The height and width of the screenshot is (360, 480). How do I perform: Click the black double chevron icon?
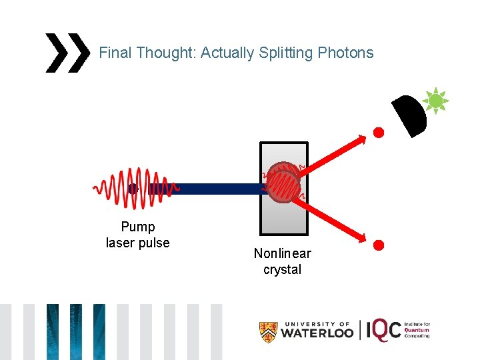point(67,53)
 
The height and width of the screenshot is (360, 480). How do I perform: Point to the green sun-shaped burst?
point(435,101)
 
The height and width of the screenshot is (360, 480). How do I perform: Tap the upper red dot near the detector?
point(378,132)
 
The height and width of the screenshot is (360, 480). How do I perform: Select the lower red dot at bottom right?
point(378,245)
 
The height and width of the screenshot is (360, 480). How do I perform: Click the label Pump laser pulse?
point(138,235)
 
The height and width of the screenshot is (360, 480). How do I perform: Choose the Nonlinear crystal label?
point(282,261)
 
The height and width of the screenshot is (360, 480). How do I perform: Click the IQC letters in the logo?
point(384,330)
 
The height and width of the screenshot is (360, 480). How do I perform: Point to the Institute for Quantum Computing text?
point(417,330)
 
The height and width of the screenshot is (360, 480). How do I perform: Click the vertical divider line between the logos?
point(361,330)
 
